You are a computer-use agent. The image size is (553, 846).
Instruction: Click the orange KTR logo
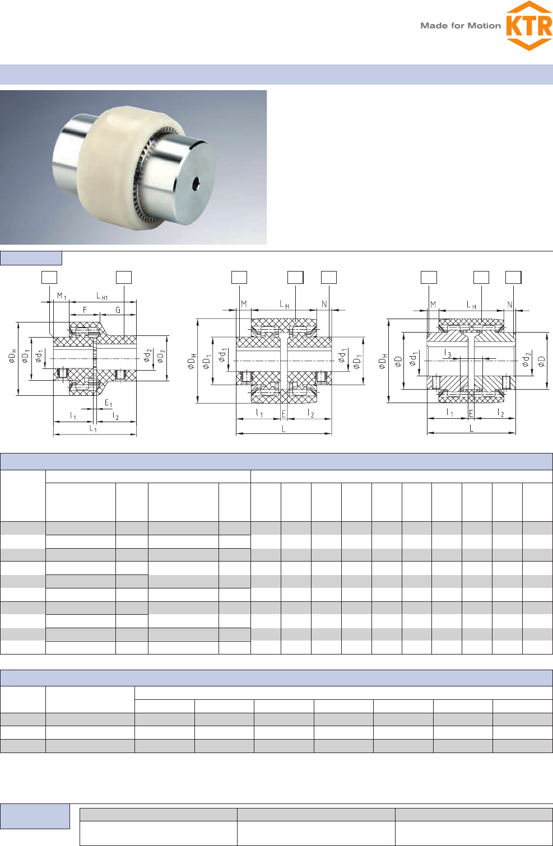[529, 26]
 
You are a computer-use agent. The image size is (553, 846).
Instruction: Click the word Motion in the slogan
[484, 26]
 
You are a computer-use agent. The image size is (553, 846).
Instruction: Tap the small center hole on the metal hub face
[196, 184]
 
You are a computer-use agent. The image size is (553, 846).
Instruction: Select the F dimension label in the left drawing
[85, 310]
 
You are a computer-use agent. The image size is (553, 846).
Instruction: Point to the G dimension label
[118, 310]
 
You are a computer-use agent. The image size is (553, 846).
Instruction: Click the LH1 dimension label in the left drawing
[102, 296]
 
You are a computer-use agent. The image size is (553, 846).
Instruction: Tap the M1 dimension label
[62, 296]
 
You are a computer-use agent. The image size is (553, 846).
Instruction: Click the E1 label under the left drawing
[109, 403]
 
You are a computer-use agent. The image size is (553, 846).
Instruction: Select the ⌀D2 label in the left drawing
[161, 356]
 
